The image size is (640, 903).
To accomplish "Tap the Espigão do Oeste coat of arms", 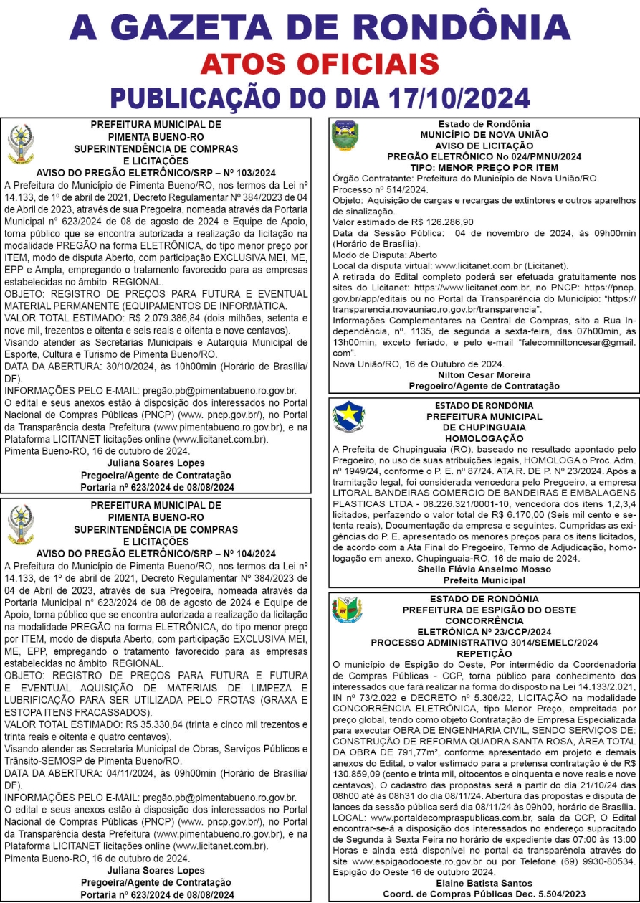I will pos(347,612).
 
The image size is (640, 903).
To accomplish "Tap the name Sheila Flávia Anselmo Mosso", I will pos(484,568).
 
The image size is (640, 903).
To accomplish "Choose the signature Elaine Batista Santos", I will pos(484,882).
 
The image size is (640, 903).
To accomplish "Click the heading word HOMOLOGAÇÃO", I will pos(484,436).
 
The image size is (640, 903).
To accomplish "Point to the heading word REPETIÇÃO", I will pos(484,655).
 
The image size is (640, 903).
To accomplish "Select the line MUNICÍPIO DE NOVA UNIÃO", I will pos(484,134).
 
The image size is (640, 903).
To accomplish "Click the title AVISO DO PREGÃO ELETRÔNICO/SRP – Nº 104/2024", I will pos(156,553).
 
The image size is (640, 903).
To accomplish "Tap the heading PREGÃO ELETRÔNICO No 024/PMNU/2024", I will pos(484,156).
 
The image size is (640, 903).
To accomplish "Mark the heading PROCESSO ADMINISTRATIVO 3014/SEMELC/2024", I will pos(484,643).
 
